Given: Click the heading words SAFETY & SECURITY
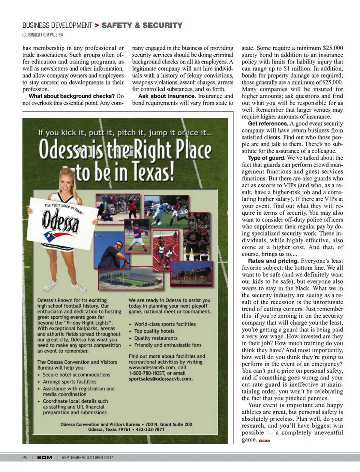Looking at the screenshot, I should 142,25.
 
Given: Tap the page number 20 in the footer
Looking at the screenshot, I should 25,457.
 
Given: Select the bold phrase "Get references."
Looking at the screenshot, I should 268,124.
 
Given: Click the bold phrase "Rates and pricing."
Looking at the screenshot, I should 273,261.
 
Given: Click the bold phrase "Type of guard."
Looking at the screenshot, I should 267,158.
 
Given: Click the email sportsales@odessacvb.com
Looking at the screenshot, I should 160,379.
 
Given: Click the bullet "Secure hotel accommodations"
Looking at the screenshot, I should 76,375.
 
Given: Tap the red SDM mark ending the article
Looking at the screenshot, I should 264,441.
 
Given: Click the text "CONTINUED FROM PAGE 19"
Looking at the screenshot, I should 42,35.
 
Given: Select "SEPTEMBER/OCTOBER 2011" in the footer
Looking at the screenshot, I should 88,457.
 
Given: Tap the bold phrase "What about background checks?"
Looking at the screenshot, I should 72,96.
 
